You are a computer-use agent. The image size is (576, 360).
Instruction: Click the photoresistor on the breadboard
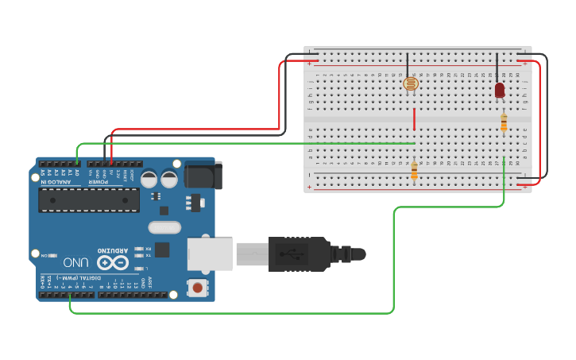point(410,83)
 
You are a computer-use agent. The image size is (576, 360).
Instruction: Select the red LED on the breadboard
point(499,91)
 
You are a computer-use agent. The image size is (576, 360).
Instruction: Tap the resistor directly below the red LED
point(504,122)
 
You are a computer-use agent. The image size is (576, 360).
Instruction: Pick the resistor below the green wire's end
point(414,170)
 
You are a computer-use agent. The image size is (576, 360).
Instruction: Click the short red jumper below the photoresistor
point(414,119)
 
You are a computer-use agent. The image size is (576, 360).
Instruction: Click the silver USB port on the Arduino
point(210,254)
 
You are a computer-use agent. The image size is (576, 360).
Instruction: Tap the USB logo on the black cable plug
point(296,254)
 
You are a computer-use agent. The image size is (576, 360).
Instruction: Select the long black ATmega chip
point(89,199)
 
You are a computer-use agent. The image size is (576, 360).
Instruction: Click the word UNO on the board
point(76,262)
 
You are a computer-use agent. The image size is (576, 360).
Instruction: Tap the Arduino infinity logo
point(113,262)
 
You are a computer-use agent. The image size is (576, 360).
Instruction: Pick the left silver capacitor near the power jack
point(149,180)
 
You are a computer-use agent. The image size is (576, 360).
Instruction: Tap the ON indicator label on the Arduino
point(48,255)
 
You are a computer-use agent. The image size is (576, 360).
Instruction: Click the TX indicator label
point(149,256)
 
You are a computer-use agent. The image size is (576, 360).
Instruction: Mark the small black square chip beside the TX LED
point(162,250)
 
